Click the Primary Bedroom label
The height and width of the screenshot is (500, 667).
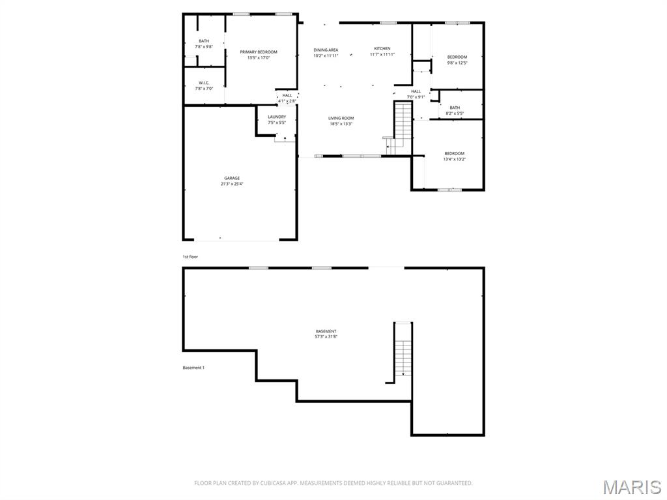[259, 52]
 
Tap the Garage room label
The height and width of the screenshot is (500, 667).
[232, 178]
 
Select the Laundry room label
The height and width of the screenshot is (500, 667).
[277, 117]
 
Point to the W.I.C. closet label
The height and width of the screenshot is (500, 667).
[204, 83]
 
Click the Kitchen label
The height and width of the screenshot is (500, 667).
[382, 49]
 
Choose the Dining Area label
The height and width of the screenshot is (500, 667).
[326, 50]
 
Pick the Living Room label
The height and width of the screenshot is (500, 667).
[341, 118]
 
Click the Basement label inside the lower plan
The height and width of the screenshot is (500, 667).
[326, 331]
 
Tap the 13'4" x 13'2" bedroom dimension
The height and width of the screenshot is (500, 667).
[455, 159]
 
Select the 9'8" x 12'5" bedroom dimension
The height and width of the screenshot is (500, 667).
[457, 63]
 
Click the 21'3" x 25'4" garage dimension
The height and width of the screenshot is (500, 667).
[232, 184]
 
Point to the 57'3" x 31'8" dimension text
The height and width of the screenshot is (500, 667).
[326, 337]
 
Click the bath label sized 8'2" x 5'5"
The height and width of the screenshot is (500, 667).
[455, 108]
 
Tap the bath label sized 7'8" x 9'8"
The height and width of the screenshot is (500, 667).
[204, 41]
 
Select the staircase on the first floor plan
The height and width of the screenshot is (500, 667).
[403, 125]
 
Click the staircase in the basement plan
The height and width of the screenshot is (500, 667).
[403, 350]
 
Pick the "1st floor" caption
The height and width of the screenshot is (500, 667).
[190, 257]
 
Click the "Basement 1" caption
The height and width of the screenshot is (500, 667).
[193, 368]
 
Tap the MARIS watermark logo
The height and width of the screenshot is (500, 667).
[632, 487]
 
